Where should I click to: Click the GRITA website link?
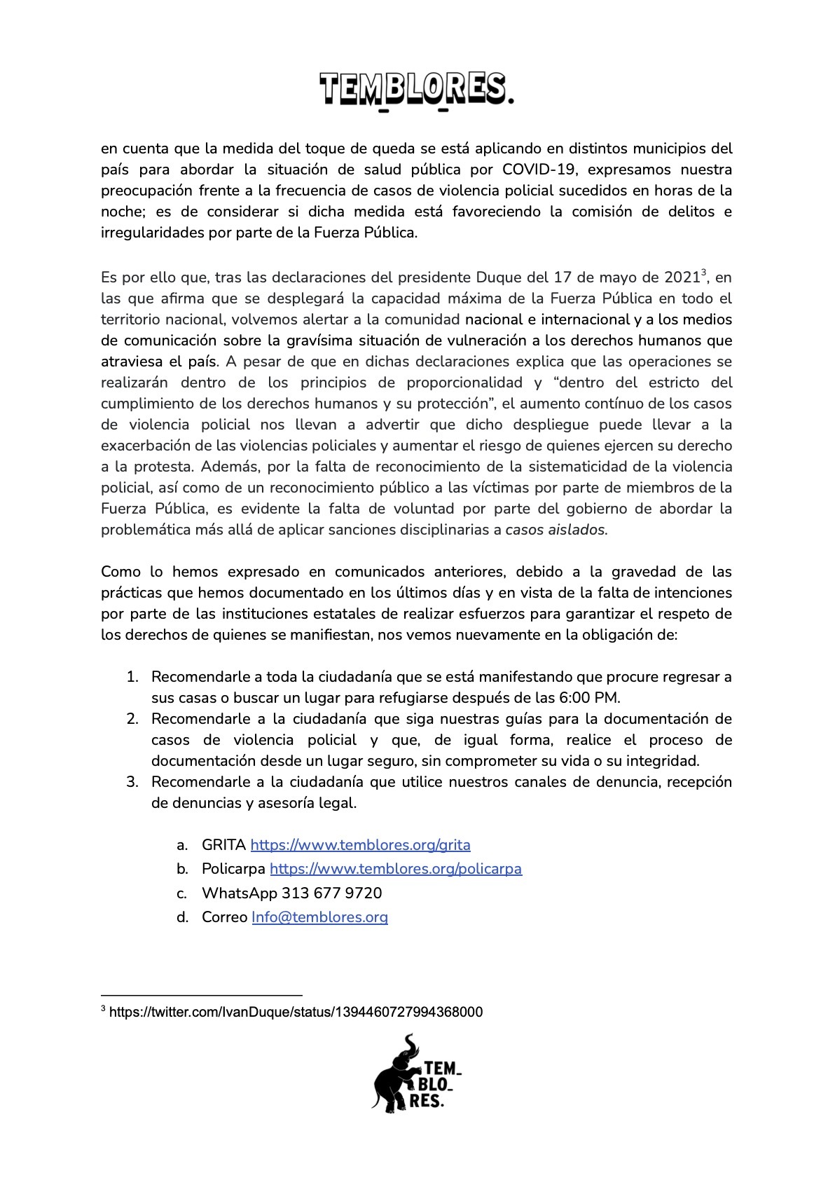(x=360, y=845)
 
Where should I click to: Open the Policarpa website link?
(x=396, y=869)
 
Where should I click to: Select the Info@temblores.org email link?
(x=319, y=917)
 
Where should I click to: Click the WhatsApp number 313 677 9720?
(x=331, y=893)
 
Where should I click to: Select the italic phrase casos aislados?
(x=555, y=530)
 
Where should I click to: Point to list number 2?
(x=132, y=719)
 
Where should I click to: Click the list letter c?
(x=182, y=893)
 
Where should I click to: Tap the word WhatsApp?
(x=239, y=893)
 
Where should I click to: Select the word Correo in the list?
(x=224, y=917)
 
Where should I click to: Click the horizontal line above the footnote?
(x=202, y=994)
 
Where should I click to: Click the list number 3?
(x=132, y=782)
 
